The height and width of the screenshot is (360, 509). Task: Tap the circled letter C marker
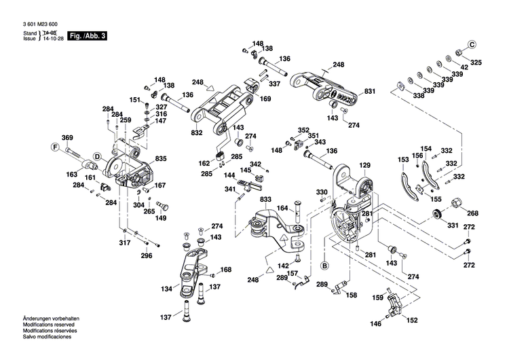click(472, 45)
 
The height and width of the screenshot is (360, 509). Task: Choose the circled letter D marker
click(97, 156)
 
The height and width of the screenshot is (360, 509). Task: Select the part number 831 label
click(369, 92)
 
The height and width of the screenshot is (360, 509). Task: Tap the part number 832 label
click(196, 133)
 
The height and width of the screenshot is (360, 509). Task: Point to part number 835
click(161, 158)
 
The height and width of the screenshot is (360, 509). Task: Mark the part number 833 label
click(265, 200)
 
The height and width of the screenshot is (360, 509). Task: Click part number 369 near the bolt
click(67, 138)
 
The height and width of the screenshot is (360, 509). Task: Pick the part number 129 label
click(365, 165)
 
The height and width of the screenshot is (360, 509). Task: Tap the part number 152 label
click(411, 321)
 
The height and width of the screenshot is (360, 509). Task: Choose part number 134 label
click(166, 289)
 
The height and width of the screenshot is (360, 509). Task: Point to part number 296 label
click(147, 256)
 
